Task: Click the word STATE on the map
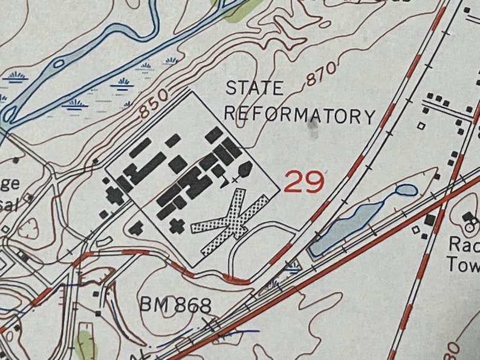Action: (255, 88)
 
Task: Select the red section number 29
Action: (303, 181)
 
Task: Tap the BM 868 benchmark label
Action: (176, 305)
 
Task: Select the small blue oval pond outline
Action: (406, 191)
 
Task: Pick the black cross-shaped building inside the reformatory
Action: (177, 226)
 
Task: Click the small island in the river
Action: (59, 62)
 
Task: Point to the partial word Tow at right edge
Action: (463, 263)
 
